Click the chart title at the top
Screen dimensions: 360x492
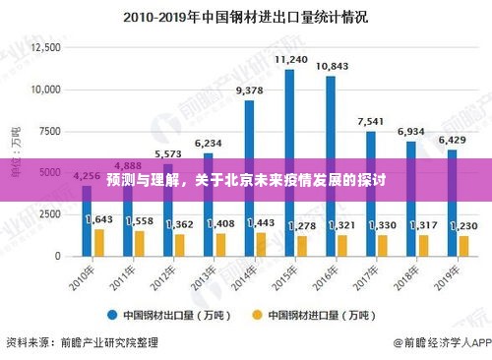coord(245,17)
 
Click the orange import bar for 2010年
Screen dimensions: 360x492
coord(99,242)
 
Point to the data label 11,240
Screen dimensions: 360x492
coord(290,60)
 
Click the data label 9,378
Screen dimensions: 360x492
coord(250,90)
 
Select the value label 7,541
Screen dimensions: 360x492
coord(371,122)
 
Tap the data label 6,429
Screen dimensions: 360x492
coord(453,140)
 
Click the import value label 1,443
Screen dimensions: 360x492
coord(262,222)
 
